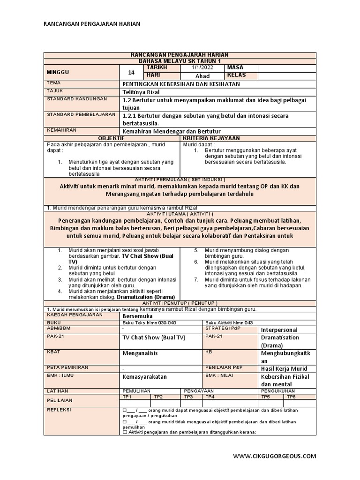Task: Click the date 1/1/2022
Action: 202,67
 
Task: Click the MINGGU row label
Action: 58,72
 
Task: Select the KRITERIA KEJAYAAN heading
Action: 211,138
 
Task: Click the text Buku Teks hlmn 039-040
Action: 149,322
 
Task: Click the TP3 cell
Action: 188,397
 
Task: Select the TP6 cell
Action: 291,397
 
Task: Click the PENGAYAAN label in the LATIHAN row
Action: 199,390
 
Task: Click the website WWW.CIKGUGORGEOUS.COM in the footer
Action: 275,456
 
